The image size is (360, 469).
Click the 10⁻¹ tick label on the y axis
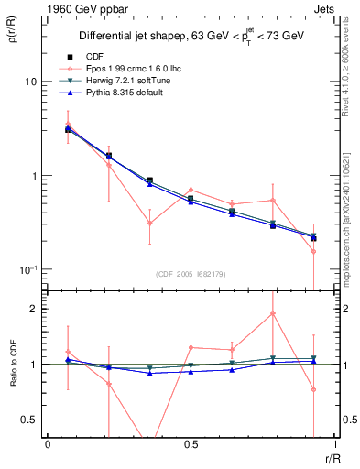[27, 270]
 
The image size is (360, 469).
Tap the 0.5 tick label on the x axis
[191, 444]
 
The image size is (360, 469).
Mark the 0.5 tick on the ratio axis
[30, 420]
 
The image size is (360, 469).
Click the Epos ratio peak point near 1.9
[272, 313]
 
